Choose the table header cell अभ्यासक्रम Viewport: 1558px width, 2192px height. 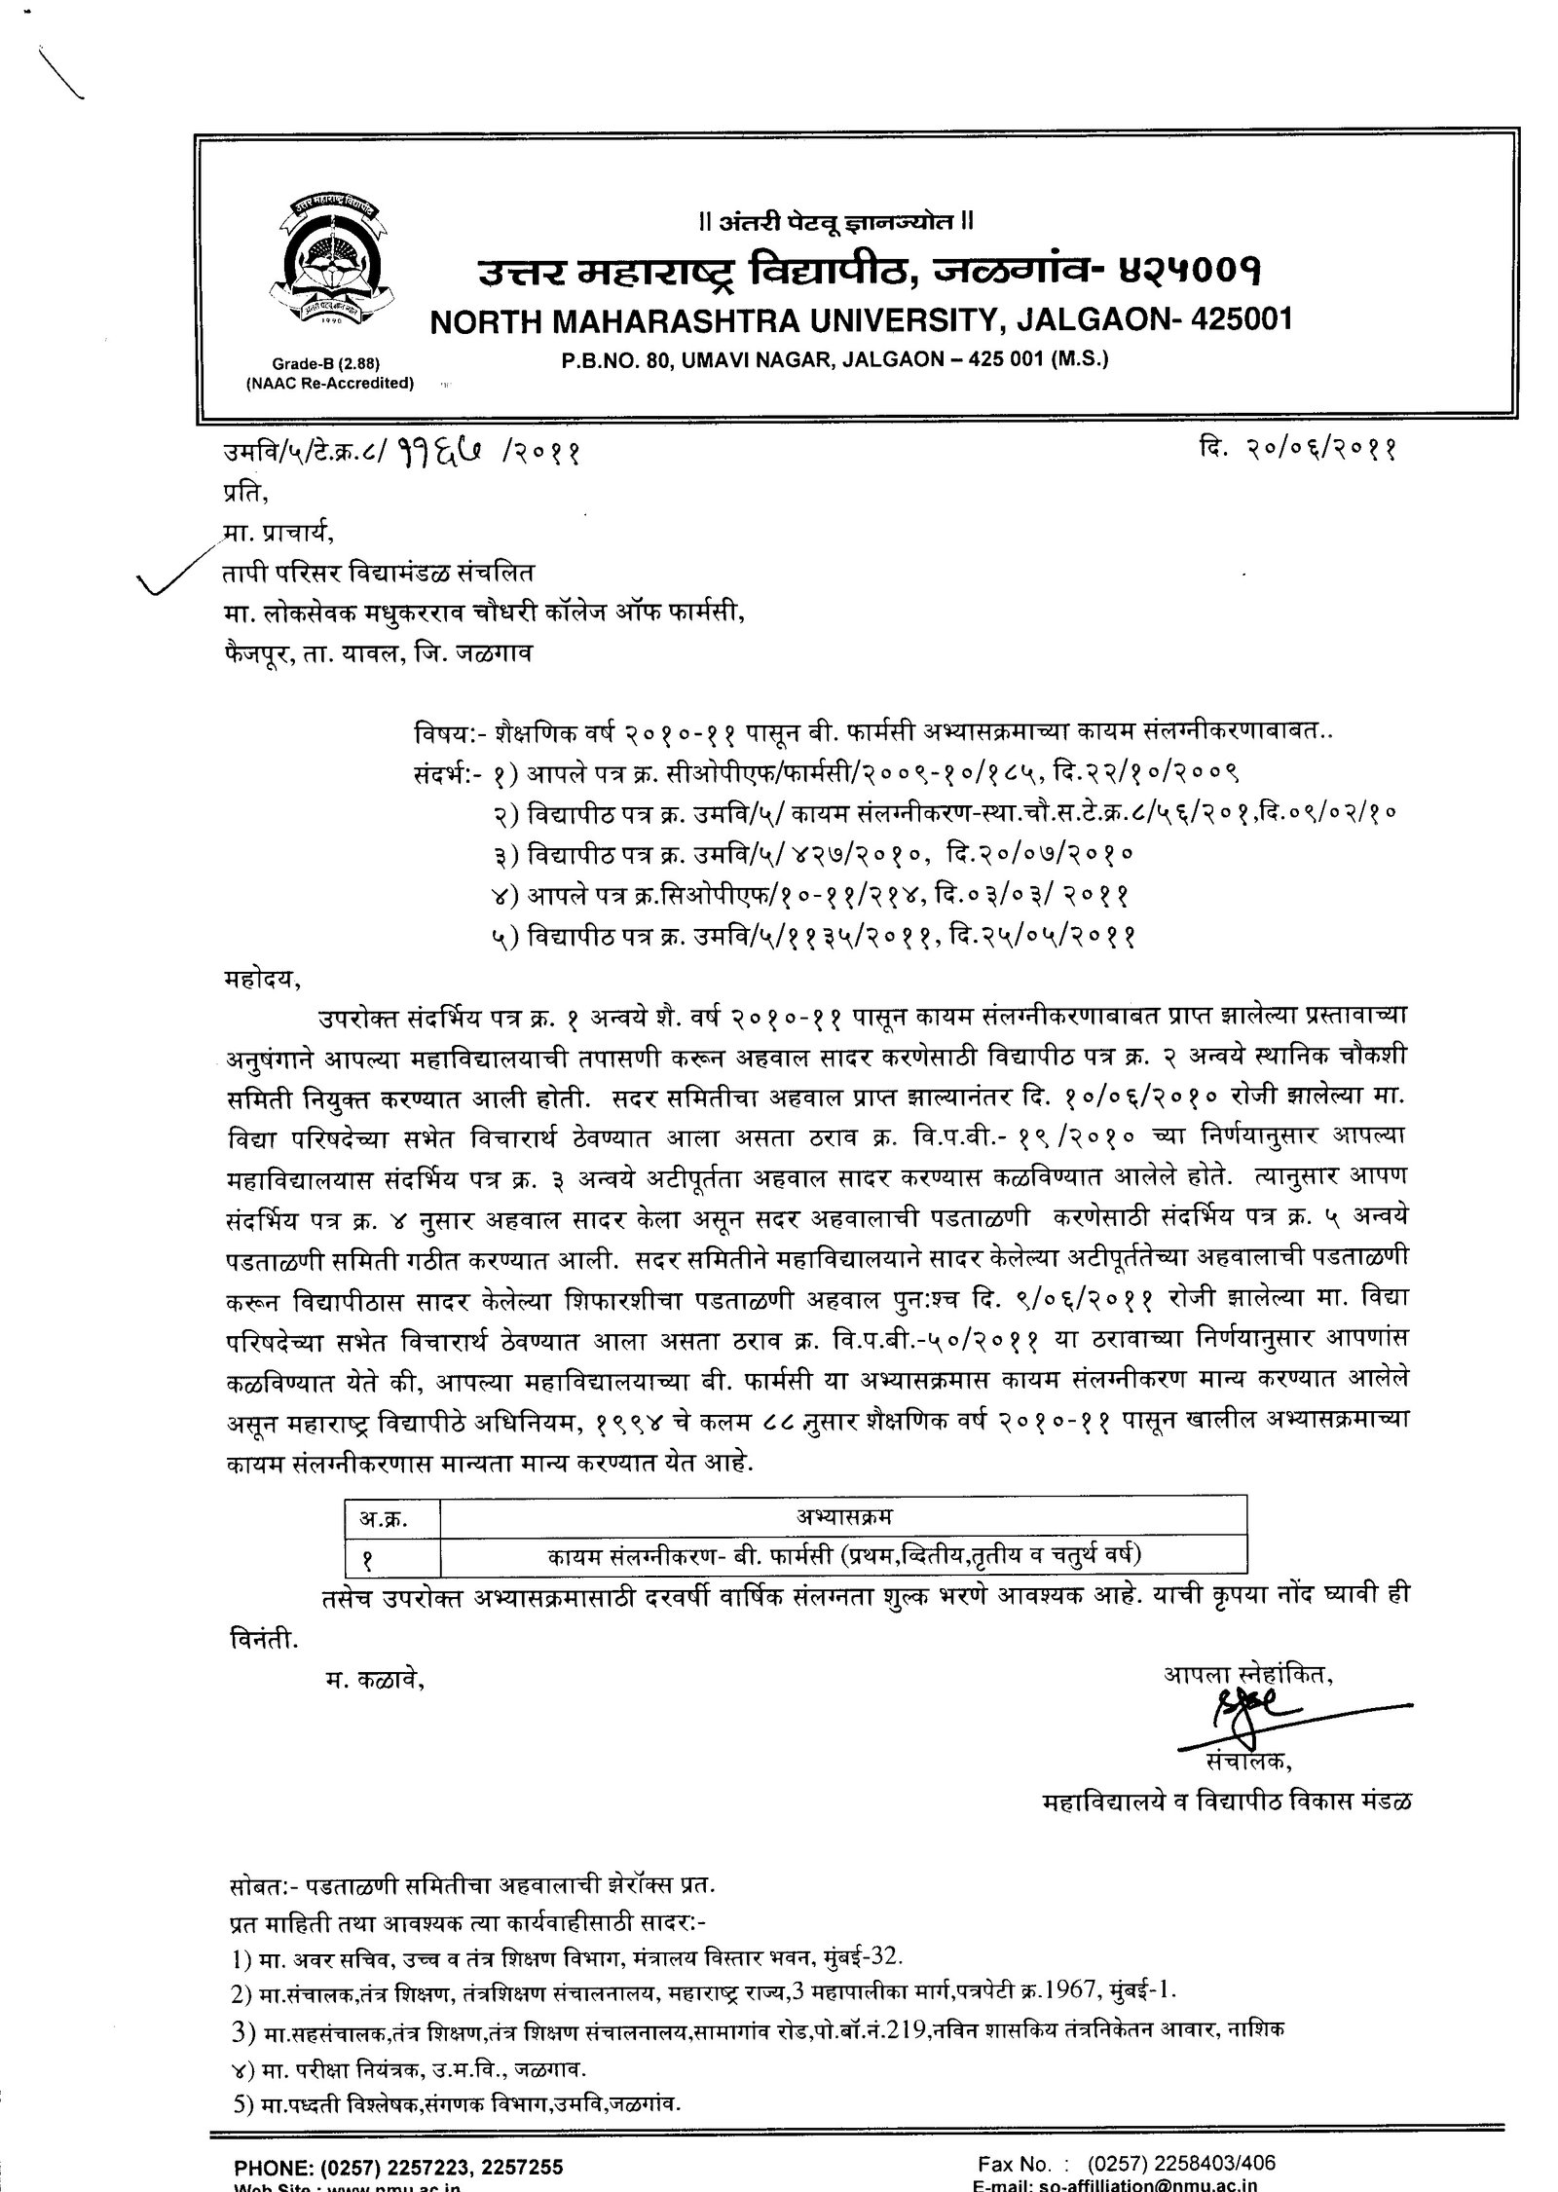tap(843, 1517)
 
